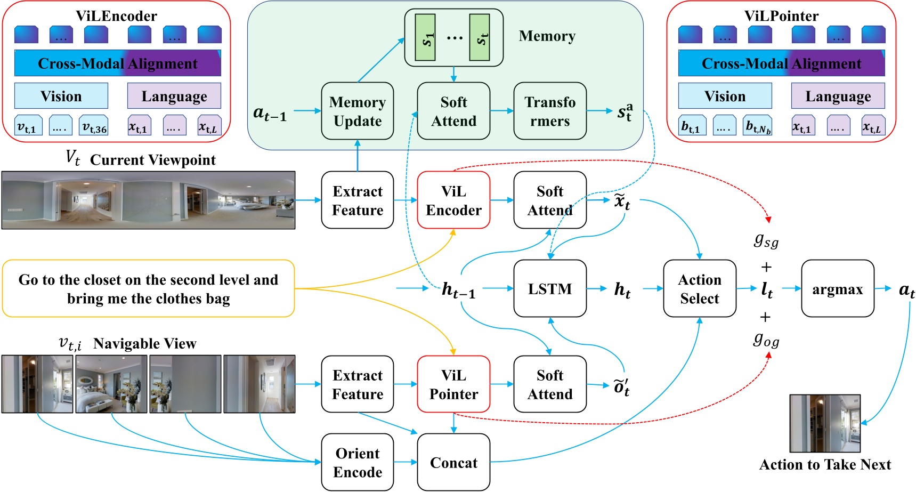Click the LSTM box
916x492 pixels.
[x=549, y=288]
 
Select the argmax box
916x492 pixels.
[x=837, y=288]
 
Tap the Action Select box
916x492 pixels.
[x=699, y=288]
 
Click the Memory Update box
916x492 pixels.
[x=357, y=111]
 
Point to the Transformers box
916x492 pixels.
[x=549, y=111]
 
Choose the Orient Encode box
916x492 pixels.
[x=357, y=462]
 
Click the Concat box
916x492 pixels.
[x=453, y=462]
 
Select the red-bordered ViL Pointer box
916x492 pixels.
[x=453, y=384]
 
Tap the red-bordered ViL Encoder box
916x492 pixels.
[x=453, y=200]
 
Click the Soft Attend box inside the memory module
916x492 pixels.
[x=453, y=111]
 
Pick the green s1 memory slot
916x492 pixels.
[x=425, y=37]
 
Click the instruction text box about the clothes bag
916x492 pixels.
[x=148, y=288]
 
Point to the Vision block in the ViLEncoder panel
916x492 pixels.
[x=61, y=96]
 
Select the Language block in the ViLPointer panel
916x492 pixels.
[x=838, y=96]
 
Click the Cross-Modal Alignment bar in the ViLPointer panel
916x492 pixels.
[x=781, y=63]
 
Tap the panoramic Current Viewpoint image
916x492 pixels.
[x=148, y=200]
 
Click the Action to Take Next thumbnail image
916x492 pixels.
[x=824, y=423]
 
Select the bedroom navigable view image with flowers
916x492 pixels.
[x=111, y=384]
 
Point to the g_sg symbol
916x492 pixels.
[x=766, y=241]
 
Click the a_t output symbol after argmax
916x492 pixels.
[x=906, y=289]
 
